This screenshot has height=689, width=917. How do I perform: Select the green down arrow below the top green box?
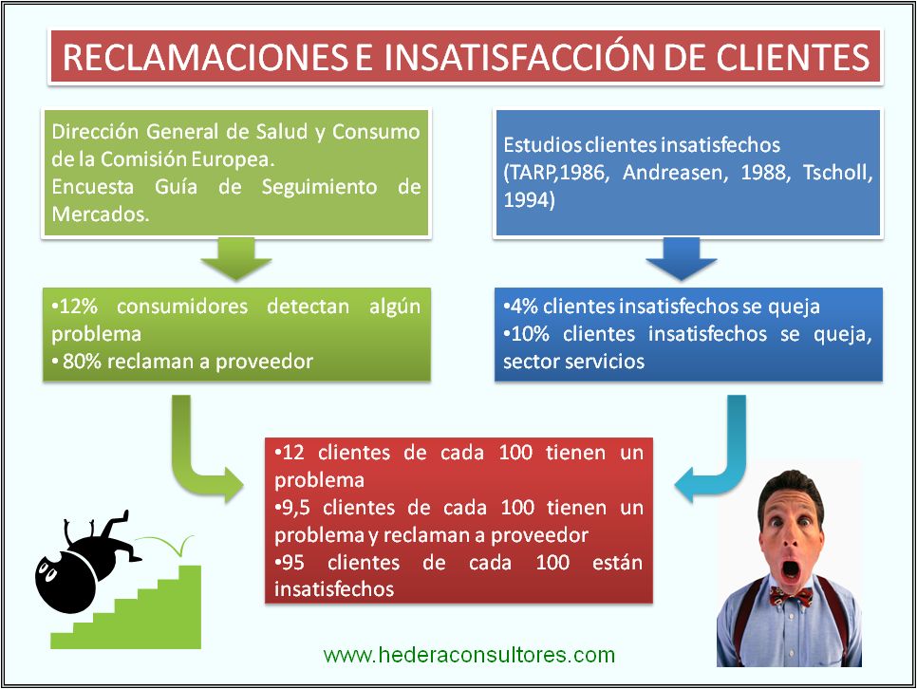[x=237, y=257]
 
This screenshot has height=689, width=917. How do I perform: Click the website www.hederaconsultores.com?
[x=469, y=655]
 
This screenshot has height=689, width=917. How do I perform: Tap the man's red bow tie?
[x=790, y=595]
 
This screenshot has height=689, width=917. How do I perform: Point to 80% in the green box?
[x=78, y=361]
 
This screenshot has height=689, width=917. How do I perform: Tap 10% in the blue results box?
[x=529, y=335]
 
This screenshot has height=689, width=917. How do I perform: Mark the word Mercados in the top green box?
[x=93, y=214]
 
